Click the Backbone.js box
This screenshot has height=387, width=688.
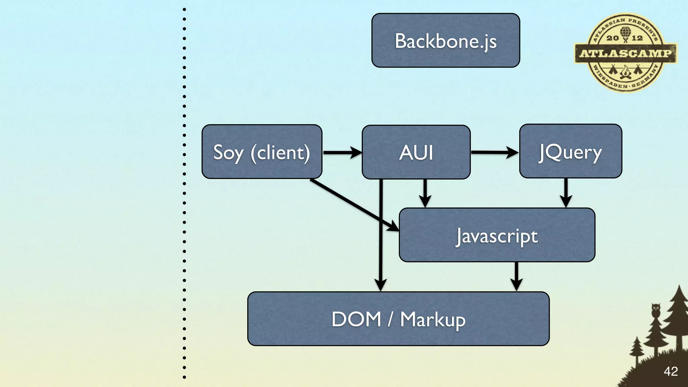pos(445,40)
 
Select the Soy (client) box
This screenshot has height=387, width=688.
pos(262,152)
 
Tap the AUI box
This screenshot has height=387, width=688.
pos(416,152)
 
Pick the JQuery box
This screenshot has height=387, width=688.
pos(570,151)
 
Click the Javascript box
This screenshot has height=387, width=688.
pos(497,235)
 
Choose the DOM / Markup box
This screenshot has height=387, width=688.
pos(398,318)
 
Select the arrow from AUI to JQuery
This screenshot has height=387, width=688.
pos(494,152)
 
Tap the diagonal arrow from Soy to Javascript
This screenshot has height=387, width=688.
pos(353,205)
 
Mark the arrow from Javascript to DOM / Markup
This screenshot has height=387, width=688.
pos(516,276)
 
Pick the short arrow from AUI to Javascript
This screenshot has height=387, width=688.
pos(425,193)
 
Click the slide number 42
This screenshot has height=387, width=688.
pos(671,372)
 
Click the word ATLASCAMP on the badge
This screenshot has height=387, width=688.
pos(626,53)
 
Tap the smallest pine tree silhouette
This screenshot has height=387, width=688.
pos(636,349)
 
